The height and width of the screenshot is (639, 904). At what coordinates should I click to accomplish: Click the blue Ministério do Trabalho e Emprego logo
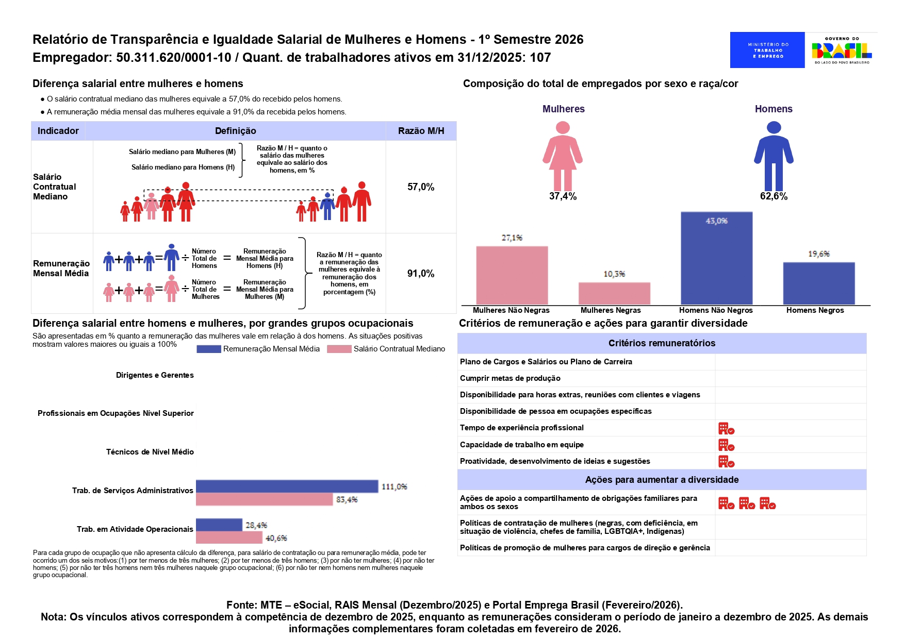pyautogui.click(x=767, y=50)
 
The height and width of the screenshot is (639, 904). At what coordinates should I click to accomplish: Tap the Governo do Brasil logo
pyautogui.click(x=842, y=51)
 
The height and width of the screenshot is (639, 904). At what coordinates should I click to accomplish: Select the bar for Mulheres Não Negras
pyautogui.click(x=512, y=276)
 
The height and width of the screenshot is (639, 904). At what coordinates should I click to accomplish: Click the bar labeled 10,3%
pyautogui.click(x=614, y=294)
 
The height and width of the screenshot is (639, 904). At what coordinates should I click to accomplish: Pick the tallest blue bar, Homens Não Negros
pyautogui.click(x=716, y=258)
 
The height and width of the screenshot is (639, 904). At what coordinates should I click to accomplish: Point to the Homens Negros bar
pyautogui.click(x=819, y=283)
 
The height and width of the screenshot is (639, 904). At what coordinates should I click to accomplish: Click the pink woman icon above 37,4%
pyautogui.click(x=563, y=156)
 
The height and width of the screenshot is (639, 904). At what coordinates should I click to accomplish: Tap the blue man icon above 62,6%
pyautogui.click(x=774, y=156)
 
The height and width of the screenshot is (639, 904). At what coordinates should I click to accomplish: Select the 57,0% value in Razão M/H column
pyautogui.click(x=421, y=187)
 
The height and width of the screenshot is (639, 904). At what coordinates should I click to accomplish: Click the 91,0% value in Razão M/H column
pyautogui.click(x=421, y=274)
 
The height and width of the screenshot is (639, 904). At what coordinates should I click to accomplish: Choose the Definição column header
pyautogui.click(x=235, y=131)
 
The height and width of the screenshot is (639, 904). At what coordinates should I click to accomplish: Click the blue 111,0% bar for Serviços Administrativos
pyautogui.click(x=287, y=486)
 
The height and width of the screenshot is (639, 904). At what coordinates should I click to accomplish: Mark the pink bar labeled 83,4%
pyautogui.click(x=264, y=499)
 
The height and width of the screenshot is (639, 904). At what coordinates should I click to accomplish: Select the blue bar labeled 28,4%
pyautogui.click(x=219, y=525)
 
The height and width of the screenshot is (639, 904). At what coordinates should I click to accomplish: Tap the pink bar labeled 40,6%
pyautogui.click(x=229, y=537)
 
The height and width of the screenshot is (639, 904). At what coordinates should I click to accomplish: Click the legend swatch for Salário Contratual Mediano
pyautogui.click(x=339, y=349)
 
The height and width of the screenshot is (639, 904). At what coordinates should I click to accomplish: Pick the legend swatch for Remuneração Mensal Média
pyautogui.click(x=209, y=349)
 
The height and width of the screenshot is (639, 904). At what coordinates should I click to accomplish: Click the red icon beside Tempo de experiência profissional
pyautogui.click(x=726, y=428)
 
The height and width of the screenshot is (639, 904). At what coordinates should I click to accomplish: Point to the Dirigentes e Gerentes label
pyautogui.click(x=155, y=375)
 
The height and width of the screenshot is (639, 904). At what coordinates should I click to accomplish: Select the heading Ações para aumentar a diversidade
pyautogui.click(x=662, y=480)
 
